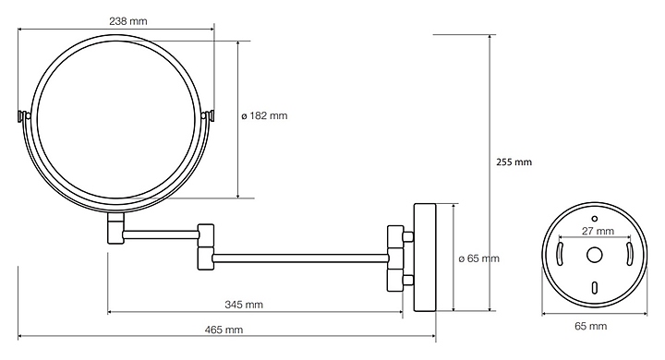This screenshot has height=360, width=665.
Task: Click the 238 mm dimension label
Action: (x=128, y=21)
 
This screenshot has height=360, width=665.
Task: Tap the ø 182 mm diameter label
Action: (x=264, y=115)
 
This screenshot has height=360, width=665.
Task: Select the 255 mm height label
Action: (x=514, y=162)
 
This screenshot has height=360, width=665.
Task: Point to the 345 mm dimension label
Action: (x=244, y=305)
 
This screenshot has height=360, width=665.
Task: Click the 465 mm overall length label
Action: (x=224, y=330)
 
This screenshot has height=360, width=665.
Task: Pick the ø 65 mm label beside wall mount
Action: (x=479, y=258)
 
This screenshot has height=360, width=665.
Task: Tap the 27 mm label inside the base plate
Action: (x=598, y=231)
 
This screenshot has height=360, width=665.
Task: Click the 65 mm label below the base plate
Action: (x=591, y=326)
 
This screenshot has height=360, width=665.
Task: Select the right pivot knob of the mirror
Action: (x=209, y=115)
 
